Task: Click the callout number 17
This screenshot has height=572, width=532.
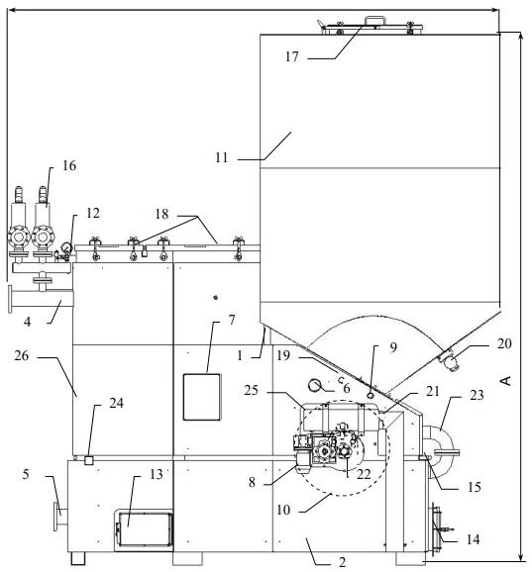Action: [x=291, y=56]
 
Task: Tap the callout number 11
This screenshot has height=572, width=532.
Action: [x=221, y=157]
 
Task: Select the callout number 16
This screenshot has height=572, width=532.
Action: [x=69, y=165]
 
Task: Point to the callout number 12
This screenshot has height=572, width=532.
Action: [x=93, y=213]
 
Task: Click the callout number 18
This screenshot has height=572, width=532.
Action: [x=161, y=214]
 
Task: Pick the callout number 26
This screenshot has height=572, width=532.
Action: [x=21, y=355]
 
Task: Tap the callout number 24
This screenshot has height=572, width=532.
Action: [x=117, y=403]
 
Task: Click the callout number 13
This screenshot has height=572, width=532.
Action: [x=157, y=474]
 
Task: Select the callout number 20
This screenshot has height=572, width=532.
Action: [x=504, y=343]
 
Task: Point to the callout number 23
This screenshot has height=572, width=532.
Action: [x=477, y=395]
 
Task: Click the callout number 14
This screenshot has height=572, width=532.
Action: [x=474, y=539]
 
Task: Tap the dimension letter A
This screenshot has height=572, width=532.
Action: [x=505, y=380]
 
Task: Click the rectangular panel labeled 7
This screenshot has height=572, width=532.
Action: [x=202, y=397]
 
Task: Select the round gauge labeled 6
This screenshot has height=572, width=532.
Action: [x=314, y=385]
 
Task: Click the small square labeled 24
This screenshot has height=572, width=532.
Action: [x=89, y=460]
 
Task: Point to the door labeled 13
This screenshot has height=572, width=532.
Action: [x=144, y=529]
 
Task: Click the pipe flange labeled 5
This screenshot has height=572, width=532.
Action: [x=56, y=517]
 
